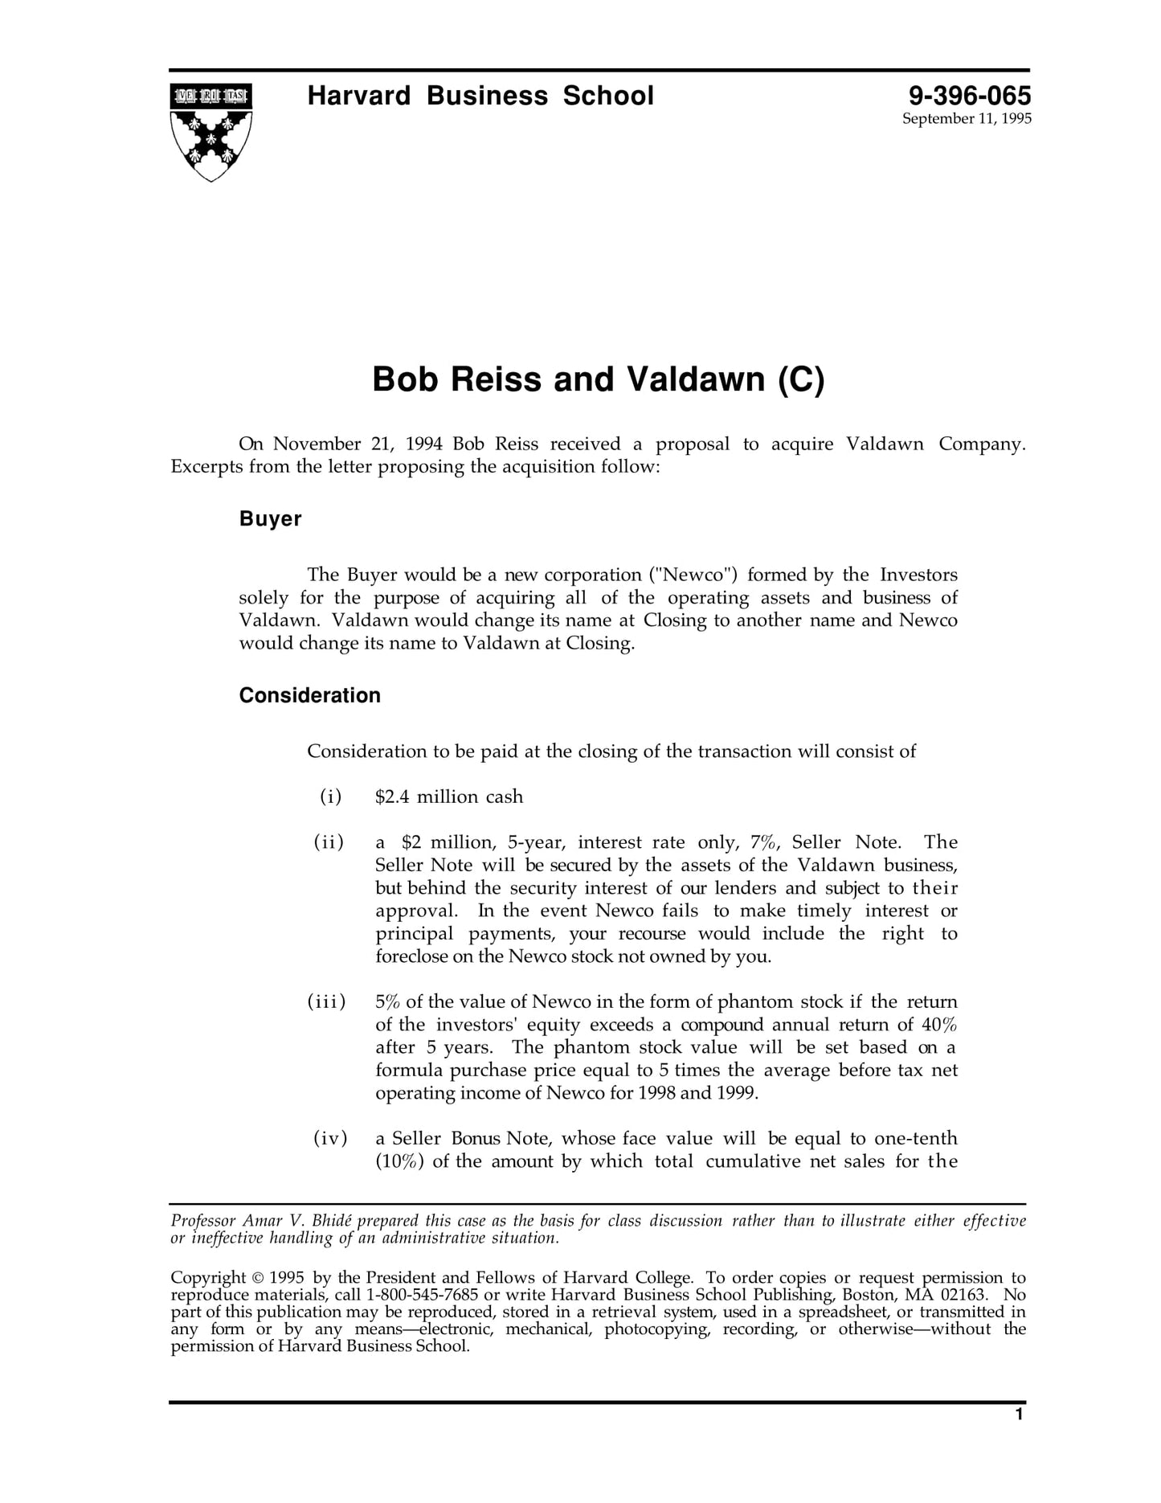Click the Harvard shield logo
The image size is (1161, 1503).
pos(211,132)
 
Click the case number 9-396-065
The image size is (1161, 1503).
pos(969,96)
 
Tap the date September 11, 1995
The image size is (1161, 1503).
pos(966,119)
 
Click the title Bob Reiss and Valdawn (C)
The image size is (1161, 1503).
pos(598,379)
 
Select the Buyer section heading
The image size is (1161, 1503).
pos(270,519)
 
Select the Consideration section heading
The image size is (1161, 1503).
pos(309,695)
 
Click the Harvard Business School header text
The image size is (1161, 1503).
pos(480,96)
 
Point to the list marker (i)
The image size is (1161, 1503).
pos(330,797)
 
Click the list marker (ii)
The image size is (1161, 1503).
pos(329,842)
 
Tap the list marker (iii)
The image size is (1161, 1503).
pos(326,1001)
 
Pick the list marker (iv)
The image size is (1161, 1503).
pos(329,1138)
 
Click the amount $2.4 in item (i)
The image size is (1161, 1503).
pos(392,797)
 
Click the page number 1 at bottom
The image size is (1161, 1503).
pos(1019,1437)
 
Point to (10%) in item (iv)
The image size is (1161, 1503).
pos(399,1161)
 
